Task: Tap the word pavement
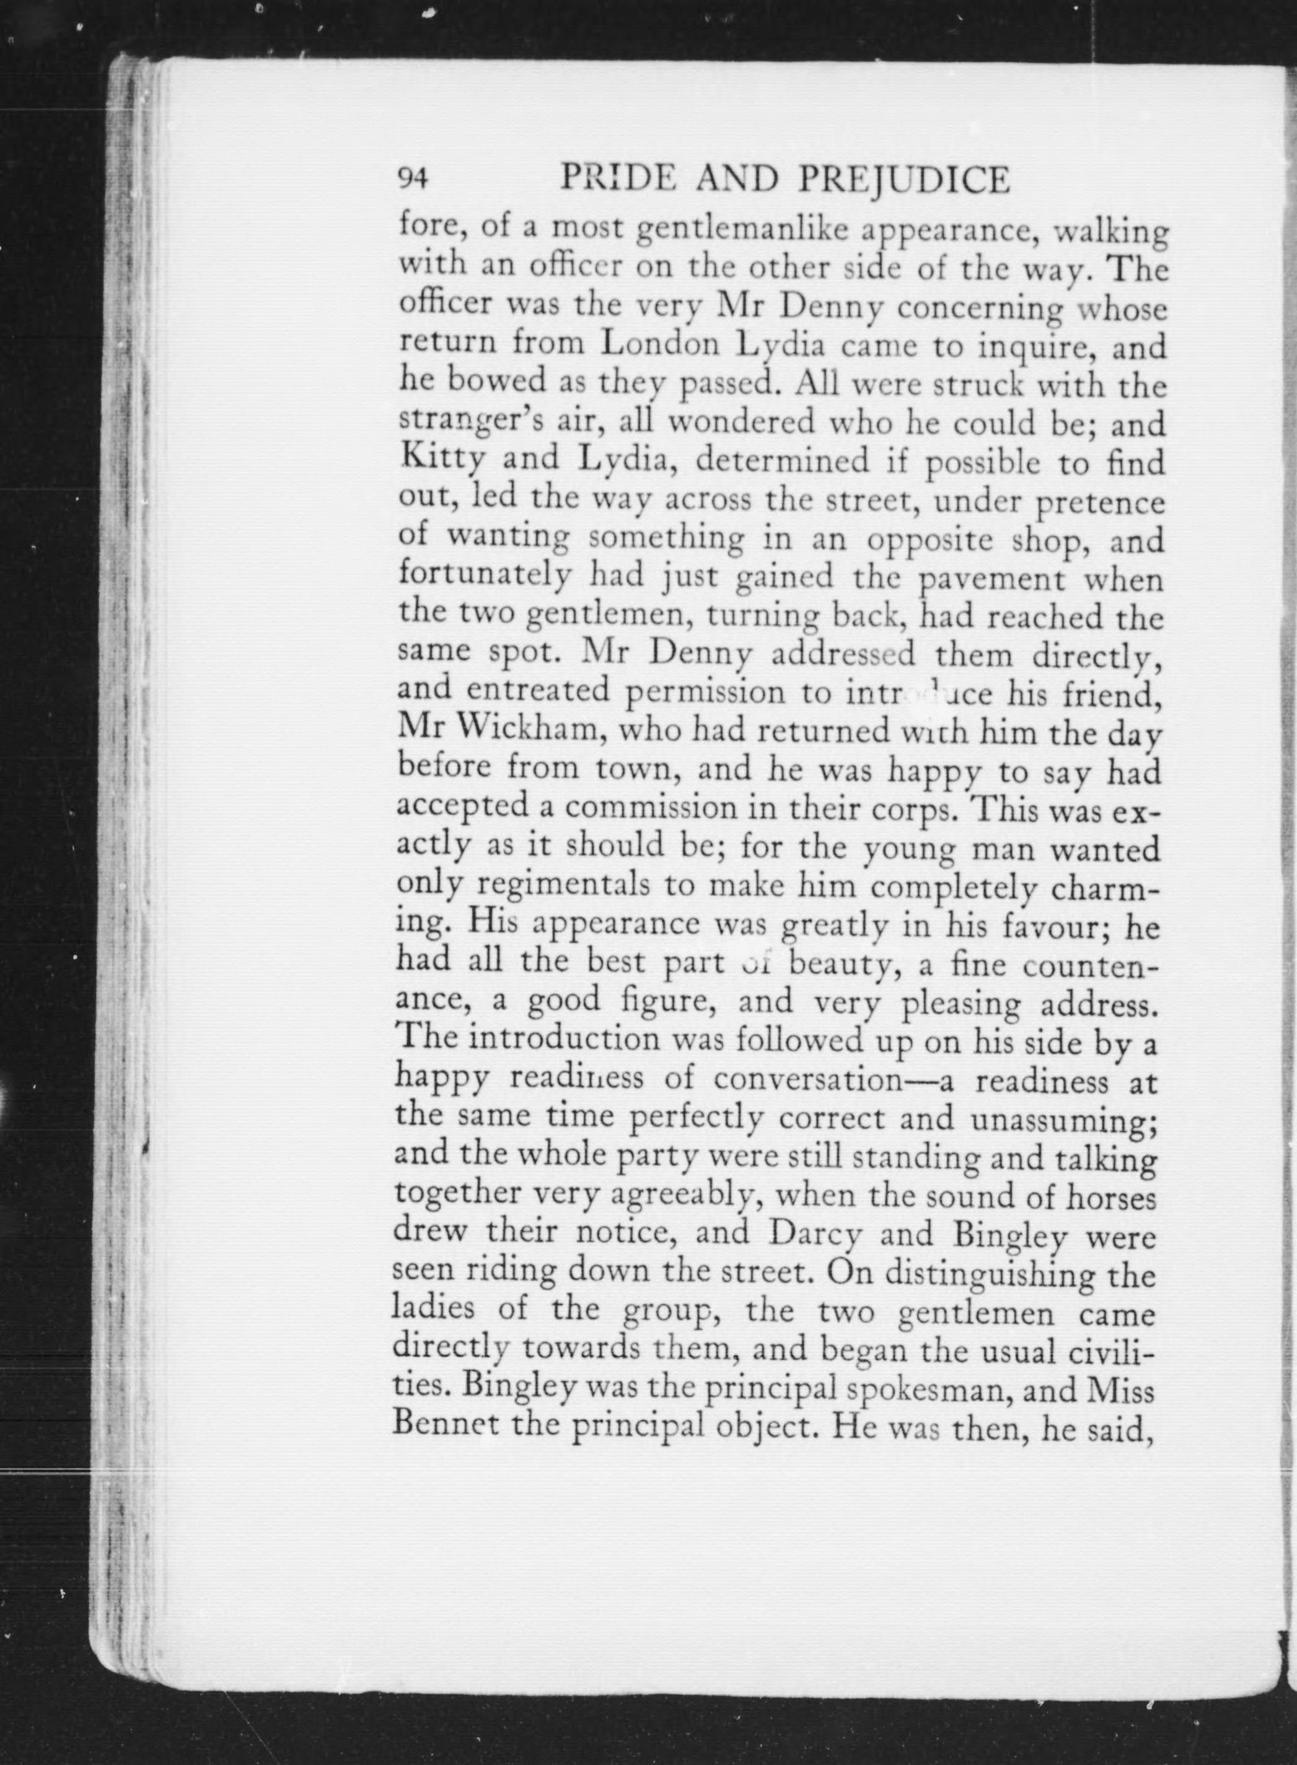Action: click(x=991, y=580)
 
